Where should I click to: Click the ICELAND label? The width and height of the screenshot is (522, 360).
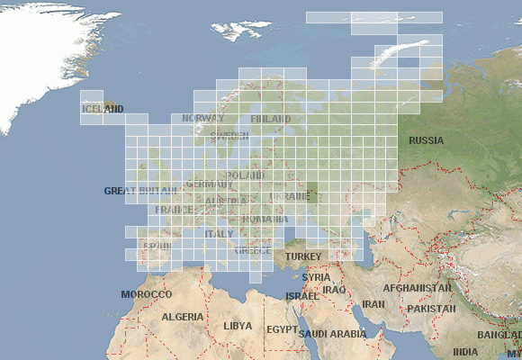coord(102,109)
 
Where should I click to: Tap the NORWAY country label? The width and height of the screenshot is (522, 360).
coord(203,118)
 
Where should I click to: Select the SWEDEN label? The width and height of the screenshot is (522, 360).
coord(229,136)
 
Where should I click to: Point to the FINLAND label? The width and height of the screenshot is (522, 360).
coord(270,119)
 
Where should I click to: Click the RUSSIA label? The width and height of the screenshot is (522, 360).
coord(426,140)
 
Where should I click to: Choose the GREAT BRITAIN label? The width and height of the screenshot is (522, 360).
coord(140,191)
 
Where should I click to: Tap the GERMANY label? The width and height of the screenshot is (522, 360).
coord(208,184)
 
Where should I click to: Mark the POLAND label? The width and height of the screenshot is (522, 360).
coord(245,175)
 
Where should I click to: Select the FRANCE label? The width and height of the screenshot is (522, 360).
coord(174,210)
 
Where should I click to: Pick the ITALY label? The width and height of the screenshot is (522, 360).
coord(219,233)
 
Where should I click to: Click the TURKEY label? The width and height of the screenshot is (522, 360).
coord(302,256)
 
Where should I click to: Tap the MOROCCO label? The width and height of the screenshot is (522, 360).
coord(146,294)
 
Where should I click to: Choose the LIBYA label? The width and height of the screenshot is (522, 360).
coord(238,326)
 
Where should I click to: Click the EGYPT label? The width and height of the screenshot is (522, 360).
coord(282,330)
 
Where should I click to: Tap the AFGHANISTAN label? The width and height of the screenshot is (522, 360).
coord(417,288)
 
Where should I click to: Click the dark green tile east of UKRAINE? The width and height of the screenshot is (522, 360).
coord(312,193)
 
